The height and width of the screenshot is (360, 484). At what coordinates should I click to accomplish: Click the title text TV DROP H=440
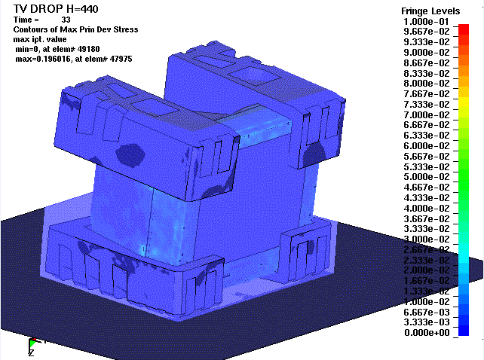(x=56, y=8)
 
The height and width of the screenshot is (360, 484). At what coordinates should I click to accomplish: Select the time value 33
(x=66, y=20)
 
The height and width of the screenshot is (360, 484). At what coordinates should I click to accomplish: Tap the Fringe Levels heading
(x=430, y=11)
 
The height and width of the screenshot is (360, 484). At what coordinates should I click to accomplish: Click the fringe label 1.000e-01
(x=426, y=22)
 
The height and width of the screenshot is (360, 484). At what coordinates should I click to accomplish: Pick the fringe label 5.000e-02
(x=426, y=177)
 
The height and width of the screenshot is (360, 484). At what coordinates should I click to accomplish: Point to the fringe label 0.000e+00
(x=426, y=333)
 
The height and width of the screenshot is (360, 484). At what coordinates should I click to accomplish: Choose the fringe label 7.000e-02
(x=426, y=114)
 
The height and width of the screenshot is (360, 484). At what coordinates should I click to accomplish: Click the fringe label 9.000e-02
(x=426, y=53)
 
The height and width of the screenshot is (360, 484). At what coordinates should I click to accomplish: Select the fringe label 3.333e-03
(x=426, y=322)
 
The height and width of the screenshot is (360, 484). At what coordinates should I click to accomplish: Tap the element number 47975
(x=121, y=59)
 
